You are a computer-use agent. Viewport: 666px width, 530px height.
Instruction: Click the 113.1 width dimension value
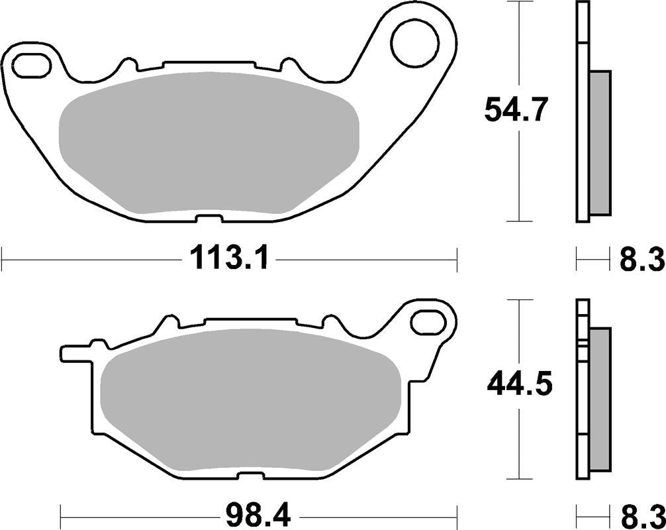229,258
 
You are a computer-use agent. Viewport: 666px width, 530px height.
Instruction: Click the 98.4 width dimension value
259,513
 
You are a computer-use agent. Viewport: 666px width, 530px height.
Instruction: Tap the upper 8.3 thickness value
642,259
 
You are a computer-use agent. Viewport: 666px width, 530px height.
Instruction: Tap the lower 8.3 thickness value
642,513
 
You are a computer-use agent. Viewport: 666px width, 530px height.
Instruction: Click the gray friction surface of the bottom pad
252,404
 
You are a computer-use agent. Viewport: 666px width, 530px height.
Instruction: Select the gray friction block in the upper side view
600,142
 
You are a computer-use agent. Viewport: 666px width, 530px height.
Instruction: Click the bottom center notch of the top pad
208,219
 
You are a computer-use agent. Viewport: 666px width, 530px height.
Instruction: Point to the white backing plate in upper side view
582,113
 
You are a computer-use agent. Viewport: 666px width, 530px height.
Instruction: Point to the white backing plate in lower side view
582,397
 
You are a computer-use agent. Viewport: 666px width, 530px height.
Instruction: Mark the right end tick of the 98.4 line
457,513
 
